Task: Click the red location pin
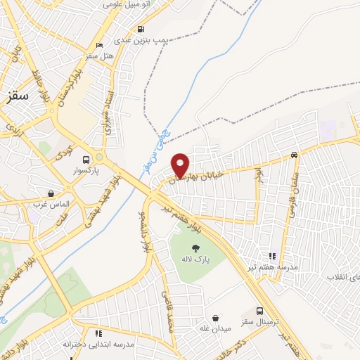tap(181, 165)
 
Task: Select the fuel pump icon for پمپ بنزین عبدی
tap(142, 29)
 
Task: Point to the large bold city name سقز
tap(15, 99)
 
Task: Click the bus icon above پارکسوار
tap(86, 160)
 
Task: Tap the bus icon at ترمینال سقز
tap(260, 311)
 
